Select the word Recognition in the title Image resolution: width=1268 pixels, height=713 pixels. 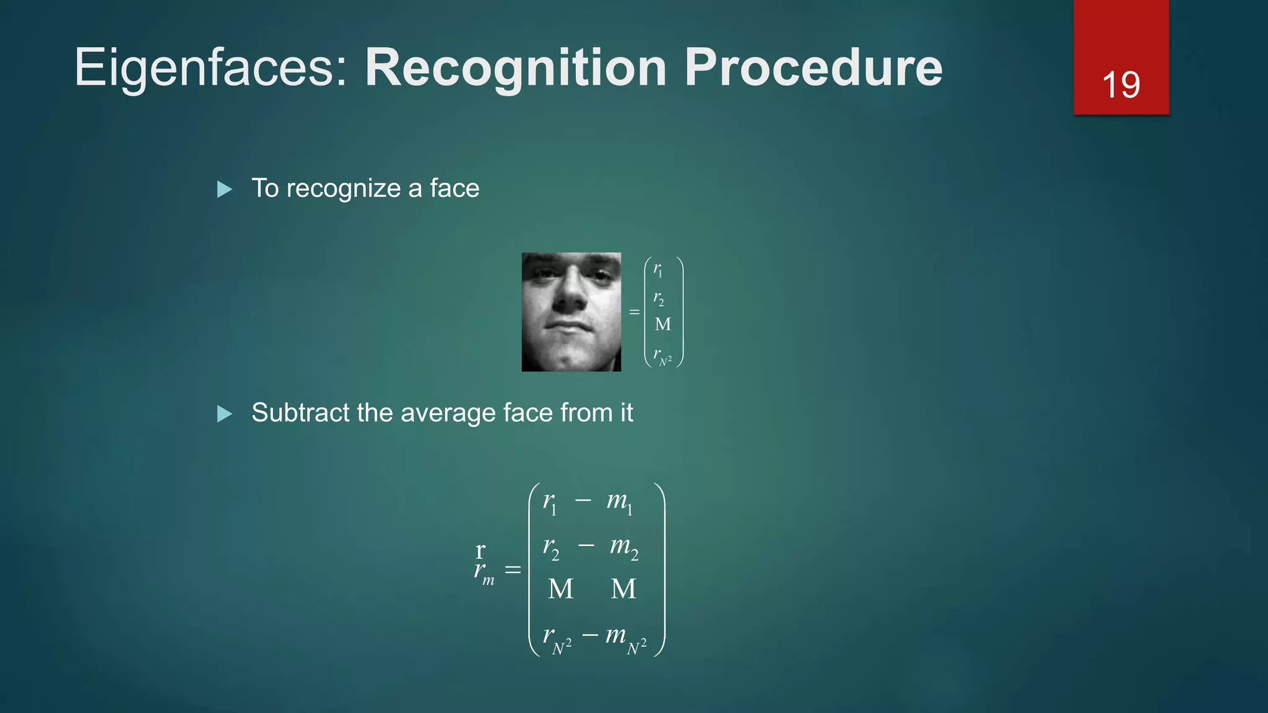[x=516, y=68]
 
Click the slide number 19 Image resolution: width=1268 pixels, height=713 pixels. [x=1121, y=85]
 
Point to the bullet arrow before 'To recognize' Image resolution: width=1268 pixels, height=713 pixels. [x=225, y=189]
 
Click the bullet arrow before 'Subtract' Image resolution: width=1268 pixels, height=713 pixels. [x=225, y=413]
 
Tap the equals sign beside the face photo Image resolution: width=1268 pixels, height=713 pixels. [x=634, y=312]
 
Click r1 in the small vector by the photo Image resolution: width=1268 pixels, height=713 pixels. [x=658, y=270]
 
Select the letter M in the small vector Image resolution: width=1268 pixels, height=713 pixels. [x=662, y=324]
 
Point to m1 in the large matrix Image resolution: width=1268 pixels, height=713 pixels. [x=619, y=502]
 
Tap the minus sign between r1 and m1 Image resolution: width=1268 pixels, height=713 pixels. [x=583, y=499]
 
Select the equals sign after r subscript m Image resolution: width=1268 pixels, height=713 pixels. [x=513, y=569]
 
